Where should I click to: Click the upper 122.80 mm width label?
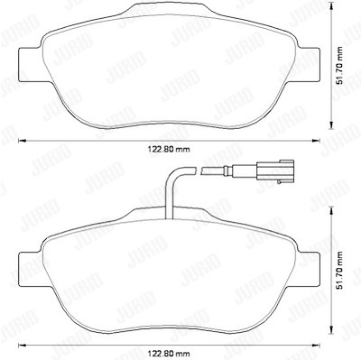pyautogui.click(x=169, y=150)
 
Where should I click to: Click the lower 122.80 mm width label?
pyautogui.click(x=169, y=353)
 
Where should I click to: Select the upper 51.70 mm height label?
pyautogui.click(x=339, y=66)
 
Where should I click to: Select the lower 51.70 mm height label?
pyautogui.click(x=339, y=270)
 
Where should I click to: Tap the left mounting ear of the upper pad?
pyautogui.click(x=30, y=64)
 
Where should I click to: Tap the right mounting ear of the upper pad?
pyautogui.click(x=308, y=64)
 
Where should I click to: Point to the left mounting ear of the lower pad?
pyautogui.click(x=30, y=269)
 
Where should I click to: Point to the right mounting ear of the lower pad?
pyautogui.click(x=308, y=269)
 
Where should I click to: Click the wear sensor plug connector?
pyautogui.click(x=274, y=171)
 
